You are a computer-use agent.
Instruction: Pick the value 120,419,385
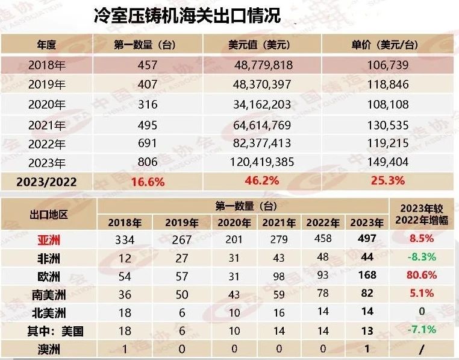pos(261,162)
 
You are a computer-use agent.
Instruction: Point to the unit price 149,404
pos(388,162)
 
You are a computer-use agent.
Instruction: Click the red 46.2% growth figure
pos(260,180)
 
